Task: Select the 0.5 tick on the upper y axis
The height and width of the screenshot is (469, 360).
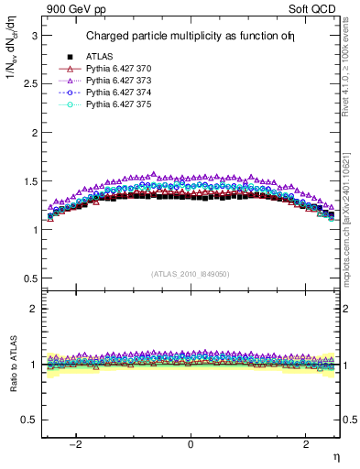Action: click(x=29, y=278)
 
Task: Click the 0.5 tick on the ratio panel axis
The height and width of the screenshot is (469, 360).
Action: click(x=29, y=420)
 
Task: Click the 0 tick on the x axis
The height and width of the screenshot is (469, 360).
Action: click(x=191, y=444)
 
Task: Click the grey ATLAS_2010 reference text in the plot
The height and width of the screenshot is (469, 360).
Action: click(x=190, y=274)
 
